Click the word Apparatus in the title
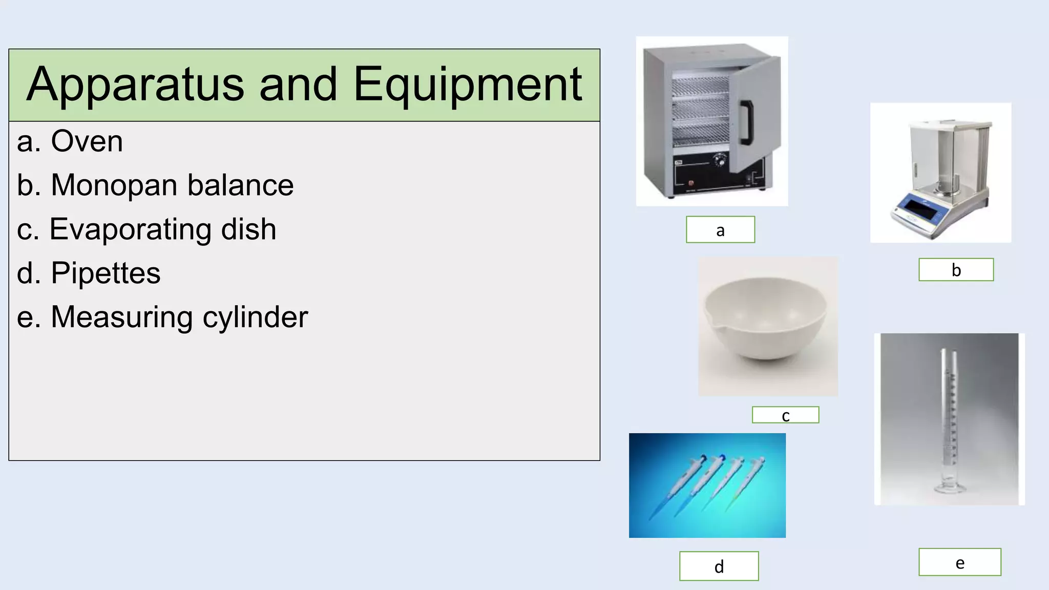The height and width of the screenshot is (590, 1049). [135, 85]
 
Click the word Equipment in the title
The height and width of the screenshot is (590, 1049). [467, 85]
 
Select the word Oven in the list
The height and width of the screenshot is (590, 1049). [87, 141]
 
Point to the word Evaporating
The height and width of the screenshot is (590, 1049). [130, 229]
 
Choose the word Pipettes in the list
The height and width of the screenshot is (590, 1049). [106, 273]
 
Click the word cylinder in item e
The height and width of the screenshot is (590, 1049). [255, 317]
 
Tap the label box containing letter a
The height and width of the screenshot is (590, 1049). [720, 229]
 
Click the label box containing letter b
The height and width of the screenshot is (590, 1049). [956, 270]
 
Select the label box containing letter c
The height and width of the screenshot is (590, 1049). [785, 415]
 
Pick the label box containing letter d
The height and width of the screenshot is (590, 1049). [719, 566]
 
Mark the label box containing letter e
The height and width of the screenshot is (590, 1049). [959, 562]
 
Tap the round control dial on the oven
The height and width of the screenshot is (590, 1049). [720, 161]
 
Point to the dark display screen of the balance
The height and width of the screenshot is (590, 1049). [918, 209]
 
